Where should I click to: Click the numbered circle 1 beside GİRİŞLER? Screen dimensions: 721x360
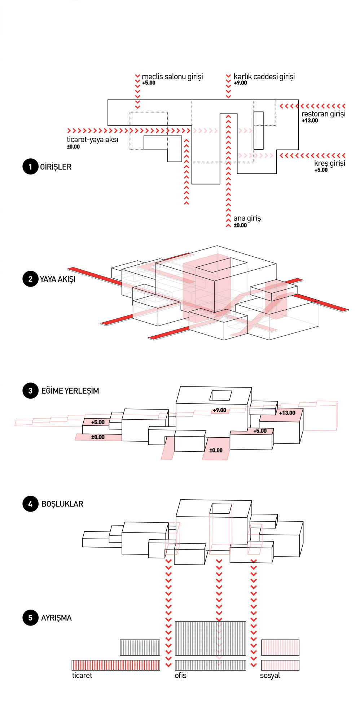tap(30, 167)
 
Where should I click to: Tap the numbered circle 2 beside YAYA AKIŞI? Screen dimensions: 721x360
tap(30, 279)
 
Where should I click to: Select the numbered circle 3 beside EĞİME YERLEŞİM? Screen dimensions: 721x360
tap(30, 391)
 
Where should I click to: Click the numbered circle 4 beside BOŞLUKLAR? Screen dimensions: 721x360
tap(30, 504)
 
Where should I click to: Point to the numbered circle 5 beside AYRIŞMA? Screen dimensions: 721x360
tap(30, 618)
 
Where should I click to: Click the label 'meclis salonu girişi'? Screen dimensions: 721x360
tap(172, 76)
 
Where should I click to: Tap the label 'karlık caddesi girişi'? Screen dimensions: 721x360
tap(264, 76)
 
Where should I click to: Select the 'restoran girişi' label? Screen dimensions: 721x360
tap(323, 114)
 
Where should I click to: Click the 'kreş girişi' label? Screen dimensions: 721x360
tap(329, 163)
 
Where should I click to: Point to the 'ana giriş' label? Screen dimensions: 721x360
tap(247, 218)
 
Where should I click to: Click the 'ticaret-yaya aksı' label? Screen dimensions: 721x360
tap(92, 140)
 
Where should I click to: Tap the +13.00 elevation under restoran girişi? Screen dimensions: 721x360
tap(310, 121)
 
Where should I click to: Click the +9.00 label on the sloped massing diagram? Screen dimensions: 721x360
tap(219, 410)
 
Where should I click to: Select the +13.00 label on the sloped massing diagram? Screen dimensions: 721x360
tap(287, 413)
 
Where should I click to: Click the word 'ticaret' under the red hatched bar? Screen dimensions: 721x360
tap(82, 676)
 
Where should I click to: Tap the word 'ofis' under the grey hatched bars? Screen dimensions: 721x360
tap(180, 676)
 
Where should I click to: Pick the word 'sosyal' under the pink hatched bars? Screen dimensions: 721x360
tap(270, 676)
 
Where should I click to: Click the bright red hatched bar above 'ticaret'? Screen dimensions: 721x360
tap(116, 665)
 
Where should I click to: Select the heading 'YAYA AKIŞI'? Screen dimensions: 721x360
tap(58, 279)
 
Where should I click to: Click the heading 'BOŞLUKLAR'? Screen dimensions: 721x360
tap(62, 504)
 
